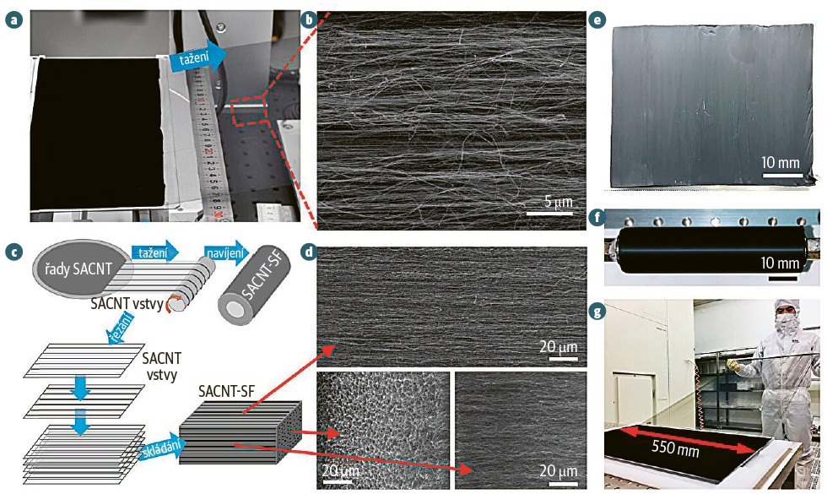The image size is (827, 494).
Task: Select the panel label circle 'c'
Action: pyautogui.click(x=12, y=251)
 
